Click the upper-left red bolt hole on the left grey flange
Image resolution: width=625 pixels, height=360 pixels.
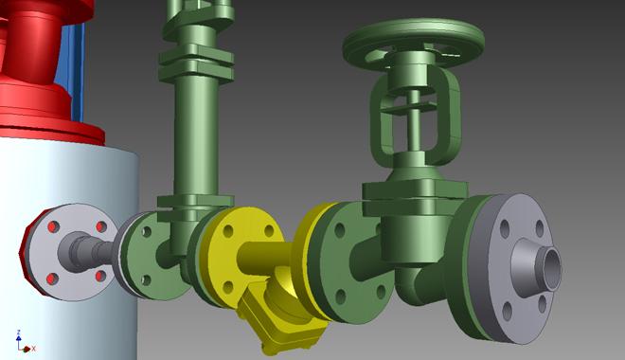54,228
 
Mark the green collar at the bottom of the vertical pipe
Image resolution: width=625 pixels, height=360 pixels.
193,201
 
